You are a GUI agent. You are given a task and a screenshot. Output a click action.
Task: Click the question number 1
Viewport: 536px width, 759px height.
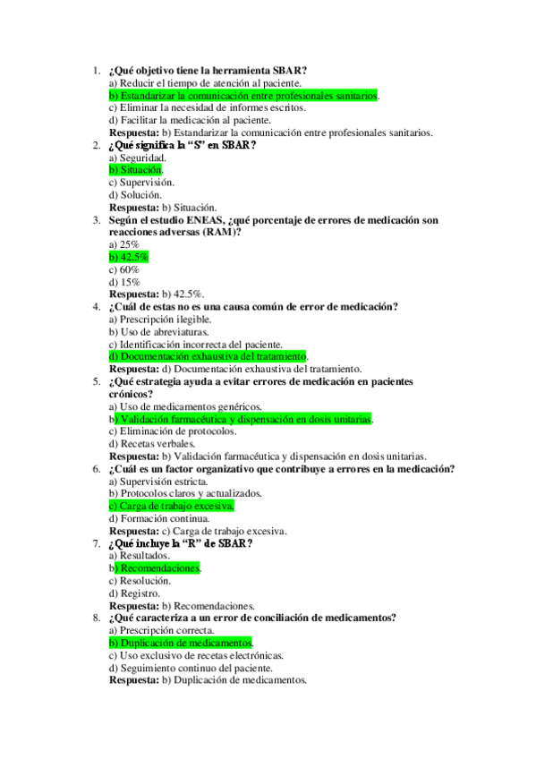96,71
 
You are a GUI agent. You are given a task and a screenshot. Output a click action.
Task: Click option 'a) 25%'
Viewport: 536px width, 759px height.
123,244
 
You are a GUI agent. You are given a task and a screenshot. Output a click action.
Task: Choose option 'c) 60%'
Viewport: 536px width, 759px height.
123,269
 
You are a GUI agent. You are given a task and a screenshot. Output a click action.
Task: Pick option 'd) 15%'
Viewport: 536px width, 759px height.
123,282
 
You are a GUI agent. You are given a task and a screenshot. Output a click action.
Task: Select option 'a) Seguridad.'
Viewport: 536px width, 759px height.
137,158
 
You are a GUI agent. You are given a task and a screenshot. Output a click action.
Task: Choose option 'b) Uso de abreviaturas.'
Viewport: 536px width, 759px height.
157,331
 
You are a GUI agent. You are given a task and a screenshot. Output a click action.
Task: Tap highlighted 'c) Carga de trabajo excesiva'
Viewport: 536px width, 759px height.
171,506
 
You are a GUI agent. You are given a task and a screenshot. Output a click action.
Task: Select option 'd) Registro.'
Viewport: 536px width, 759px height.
134,593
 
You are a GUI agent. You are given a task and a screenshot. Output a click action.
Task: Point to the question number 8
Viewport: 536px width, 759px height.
96,618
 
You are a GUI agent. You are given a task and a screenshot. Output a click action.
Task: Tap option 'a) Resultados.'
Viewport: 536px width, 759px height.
140,555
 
